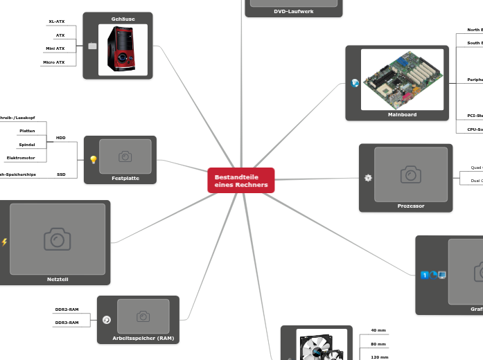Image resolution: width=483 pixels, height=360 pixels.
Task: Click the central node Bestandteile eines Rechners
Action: click(x=240, y=181)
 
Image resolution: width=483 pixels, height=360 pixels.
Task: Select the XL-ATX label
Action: click(x=57, y=21)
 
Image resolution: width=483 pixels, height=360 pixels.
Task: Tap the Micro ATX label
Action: click(x=54, y=62)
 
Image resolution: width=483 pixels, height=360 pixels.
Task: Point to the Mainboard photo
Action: click(x=402, y=79)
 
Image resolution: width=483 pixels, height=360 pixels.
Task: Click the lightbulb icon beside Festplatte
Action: click(x=94, y=159)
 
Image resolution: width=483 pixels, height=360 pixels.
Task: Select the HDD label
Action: click(x=61, y=138)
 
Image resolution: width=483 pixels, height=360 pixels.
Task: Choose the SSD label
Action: click(x=62, y=174)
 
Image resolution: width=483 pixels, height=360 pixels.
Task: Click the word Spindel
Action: click(x=27, y=145)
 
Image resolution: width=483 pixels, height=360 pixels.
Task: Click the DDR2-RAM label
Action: click(x=67, y=309)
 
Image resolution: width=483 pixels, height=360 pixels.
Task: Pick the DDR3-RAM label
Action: click(x=67, y=322)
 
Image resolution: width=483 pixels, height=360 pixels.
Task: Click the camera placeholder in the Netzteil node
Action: click(x=58, y=239)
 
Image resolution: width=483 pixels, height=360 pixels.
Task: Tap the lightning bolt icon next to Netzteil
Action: click(x=5, y=242)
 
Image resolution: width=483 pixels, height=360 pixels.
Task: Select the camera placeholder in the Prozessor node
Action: click(x=410, y=174)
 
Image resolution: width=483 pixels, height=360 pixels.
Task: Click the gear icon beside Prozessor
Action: click(x=368, y=178)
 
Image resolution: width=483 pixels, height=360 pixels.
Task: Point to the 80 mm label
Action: click(x=378, y=344)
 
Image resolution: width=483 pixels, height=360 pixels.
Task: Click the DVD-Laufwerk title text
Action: click(x=293, y=12)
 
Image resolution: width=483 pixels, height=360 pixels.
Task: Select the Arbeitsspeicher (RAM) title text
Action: click(x=143, y=339)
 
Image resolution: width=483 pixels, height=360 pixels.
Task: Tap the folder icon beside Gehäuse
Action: click(x=92, y=46)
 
